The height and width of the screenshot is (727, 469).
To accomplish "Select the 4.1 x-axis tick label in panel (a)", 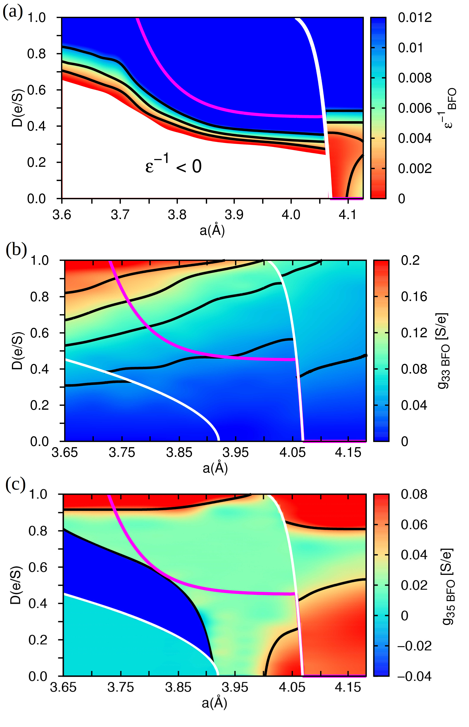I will click(x=347, y=215).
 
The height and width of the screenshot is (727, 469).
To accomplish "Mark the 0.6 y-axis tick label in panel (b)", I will click(x=40, y=333).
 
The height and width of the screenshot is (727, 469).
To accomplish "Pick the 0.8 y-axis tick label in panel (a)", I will click(x=37, y=54).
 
